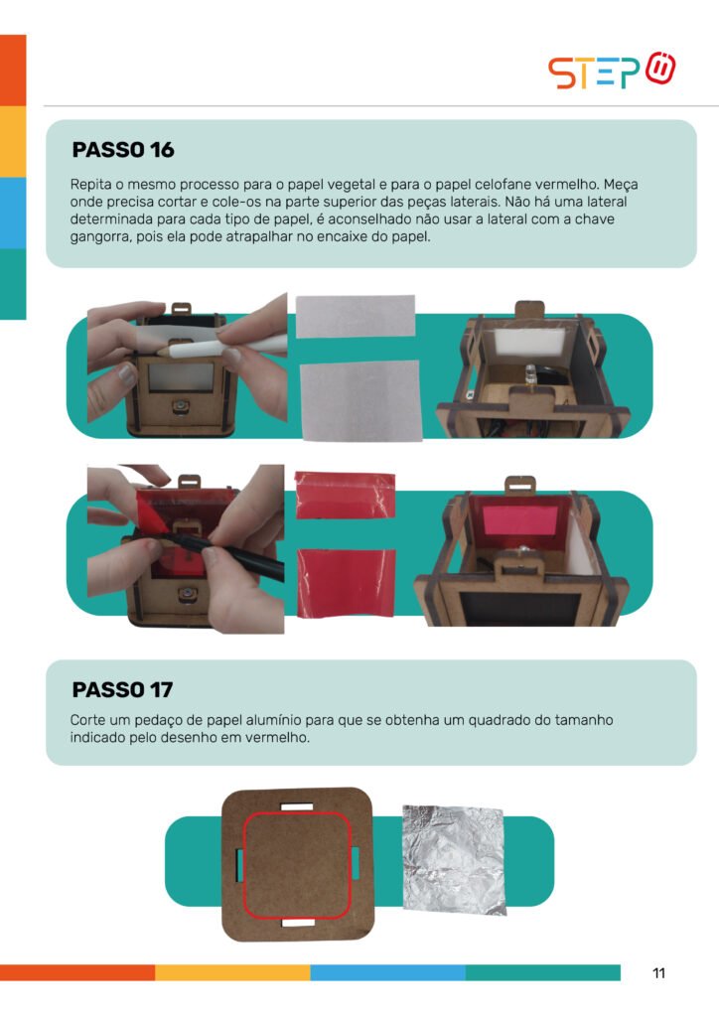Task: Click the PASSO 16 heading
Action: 123,150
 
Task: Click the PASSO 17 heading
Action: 122,689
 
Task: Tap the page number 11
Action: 658,973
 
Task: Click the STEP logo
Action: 612,71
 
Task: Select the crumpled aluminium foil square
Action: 453,860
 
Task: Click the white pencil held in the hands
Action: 220,347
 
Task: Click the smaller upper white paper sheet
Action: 356,316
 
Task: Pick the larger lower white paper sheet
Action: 361,401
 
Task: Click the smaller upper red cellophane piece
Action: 345,495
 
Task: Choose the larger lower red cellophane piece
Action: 347,583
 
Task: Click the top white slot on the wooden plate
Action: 297,806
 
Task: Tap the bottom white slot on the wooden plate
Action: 298,922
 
